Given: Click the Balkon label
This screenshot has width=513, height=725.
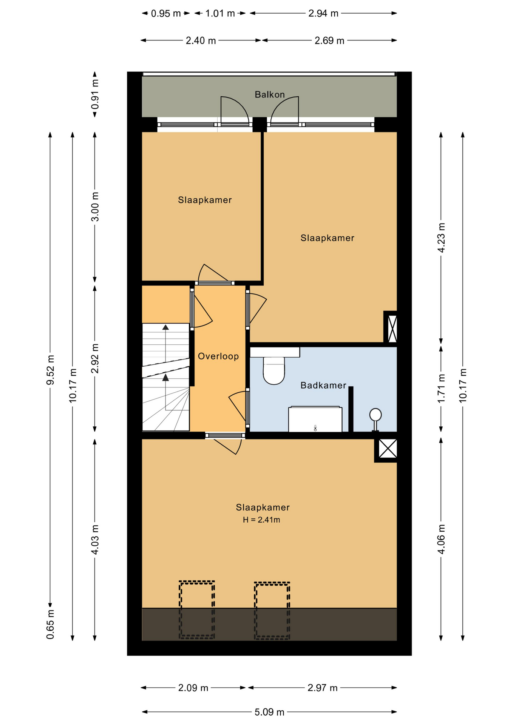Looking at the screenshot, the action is click(x=269, y=94).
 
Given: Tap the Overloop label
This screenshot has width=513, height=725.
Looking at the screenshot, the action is click(x=218, y=356).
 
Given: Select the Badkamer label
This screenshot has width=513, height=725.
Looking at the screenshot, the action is click(x=323, y=385).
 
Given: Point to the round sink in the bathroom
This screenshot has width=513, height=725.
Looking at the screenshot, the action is click(x=375, y=415).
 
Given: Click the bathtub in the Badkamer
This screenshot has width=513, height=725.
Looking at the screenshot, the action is click(x=315, y=419).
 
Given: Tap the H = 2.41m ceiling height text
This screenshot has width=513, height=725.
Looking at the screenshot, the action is click(x=261, y=520).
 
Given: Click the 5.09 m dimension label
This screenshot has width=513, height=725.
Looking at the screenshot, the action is click(x=269, y=712).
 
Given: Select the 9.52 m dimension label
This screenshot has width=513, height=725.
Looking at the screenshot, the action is click(x=50, y=370).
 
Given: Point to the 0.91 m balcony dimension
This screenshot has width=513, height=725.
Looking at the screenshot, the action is click(x=95, y=94).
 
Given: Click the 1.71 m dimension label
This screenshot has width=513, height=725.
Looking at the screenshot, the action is click(x=441, y=388).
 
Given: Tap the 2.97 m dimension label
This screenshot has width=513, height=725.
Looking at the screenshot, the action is click(x=322, y=688).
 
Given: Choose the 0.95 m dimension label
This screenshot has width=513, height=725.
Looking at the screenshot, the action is click(x=166, y=14).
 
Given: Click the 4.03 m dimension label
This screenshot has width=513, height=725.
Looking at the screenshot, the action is click(x=95, y=540).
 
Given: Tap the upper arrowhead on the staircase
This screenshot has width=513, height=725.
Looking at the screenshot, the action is click(x=165, y=327).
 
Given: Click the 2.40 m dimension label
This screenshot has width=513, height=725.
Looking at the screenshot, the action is click(x=201, y=40).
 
